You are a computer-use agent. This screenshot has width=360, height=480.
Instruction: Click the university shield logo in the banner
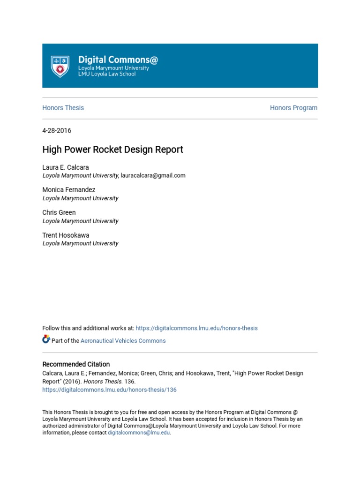tap(60, 66)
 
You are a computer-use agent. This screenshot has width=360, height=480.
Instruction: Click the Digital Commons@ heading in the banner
tap(118, 60)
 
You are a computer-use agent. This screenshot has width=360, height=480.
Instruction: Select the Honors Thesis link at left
tap(63, 108)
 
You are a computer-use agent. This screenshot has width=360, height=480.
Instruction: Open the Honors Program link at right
tap(293, 108)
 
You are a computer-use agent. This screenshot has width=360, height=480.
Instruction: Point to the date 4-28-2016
tap(57, 131)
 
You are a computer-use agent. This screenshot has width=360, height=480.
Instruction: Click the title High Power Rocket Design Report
tap(113, 150)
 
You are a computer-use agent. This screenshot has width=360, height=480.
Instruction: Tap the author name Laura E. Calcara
tap(66, 167)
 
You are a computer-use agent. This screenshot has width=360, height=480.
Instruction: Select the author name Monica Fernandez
tap(69, 190)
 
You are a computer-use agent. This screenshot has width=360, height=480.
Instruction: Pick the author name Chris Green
tap(59, 212)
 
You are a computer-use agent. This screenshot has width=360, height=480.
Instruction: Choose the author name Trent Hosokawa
tap(66, 235)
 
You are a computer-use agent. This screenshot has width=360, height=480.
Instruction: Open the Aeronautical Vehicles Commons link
tap(123, 341)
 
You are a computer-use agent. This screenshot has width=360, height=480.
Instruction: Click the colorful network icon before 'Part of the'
tap(46, 340)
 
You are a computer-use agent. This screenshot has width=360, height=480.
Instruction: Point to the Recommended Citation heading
tap(76, 364)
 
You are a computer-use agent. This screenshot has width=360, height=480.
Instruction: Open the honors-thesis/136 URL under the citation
tap(110, 390)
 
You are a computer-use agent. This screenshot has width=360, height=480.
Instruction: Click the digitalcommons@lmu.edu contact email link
tap(139, 433)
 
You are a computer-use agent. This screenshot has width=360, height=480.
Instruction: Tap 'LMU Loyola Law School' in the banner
tap(107, 74)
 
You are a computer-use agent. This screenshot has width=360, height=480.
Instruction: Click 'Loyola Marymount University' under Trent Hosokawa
tap(81, 243)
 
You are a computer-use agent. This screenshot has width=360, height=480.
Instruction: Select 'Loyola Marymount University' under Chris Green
tap(81, 221)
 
